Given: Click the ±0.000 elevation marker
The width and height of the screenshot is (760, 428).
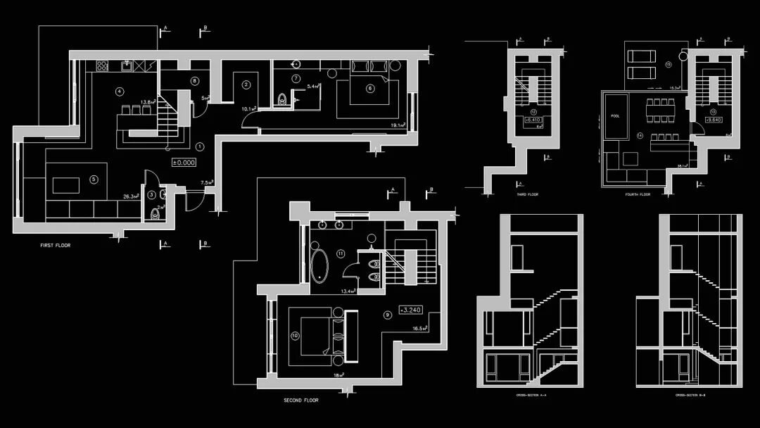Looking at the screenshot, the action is [x=184, y=162].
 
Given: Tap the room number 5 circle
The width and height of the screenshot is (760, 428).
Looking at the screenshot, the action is [x=94, y=179].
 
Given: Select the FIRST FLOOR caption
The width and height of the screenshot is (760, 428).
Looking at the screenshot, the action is [x=56, y=246].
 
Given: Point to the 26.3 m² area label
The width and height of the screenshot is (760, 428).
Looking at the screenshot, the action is [x=130, y=197].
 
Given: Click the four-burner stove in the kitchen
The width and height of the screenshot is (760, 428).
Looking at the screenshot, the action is [x=102, y=65].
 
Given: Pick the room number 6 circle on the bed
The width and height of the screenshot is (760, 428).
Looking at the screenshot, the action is [x=370, y=88].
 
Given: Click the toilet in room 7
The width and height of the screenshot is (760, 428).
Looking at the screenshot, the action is [x=283, y=99].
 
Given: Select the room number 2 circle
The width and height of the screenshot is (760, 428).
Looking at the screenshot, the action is [x=246, y=85].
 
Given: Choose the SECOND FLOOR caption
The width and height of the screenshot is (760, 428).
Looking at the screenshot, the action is [x=301, y=400].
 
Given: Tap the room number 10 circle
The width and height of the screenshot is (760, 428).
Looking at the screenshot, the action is [x=294, y=335].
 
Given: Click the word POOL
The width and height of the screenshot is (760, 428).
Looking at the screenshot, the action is [x=616, y=116].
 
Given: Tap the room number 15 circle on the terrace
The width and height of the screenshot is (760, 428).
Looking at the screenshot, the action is [x=669, y=65].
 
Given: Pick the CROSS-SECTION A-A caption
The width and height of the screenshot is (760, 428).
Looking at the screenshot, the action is [x=531, y=396].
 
